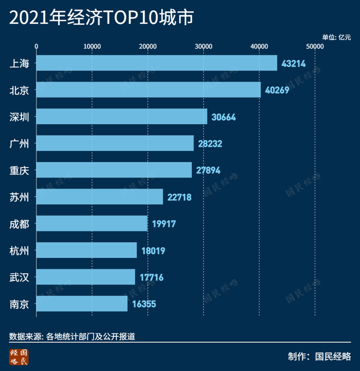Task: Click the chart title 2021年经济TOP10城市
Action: pyautogui.click(x=101, y=19)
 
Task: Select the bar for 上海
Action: pyautogui.click(x=157, y=63)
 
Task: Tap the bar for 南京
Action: pyautogui.click(x=82, y=304)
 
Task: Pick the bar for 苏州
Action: pyautogui.click(x=100, y=197)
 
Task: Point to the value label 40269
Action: pyautogui.click(x=277, y=90)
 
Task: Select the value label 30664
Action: pyautogui.click(x=223, y=117)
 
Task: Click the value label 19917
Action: pyautogui.click(x=164, y=224)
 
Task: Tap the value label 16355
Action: pyautogui.click(x=144, y=305)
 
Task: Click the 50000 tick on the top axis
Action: pyautogui.click(x=314, y=46)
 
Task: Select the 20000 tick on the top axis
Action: pyautogui.click(x=147, y=46)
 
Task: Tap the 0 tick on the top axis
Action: pyautogui.click(x=37, y=46)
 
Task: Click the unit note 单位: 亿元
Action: pyautogui.click(x=336, y=37)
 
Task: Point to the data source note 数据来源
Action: pyautogui.click(x=72, y=337)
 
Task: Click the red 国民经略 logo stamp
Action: pyautogui.click(x=19, y=356)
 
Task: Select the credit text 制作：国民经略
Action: pyautogui.click(x=319, y=356)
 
